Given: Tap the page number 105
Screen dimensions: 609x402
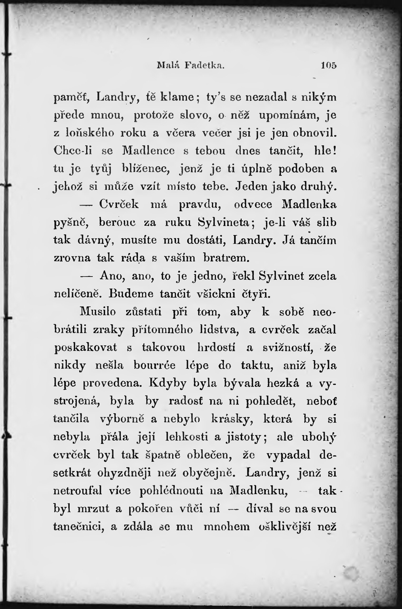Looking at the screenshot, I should click(329, 65).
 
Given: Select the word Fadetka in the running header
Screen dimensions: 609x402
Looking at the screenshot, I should click(205, 65).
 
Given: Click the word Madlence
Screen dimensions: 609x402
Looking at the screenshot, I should click(148, 151).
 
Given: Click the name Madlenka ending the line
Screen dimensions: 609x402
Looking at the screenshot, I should click(309, 204).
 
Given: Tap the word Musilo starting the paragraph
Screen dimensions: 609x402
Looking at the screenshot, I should click(98, 312).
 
